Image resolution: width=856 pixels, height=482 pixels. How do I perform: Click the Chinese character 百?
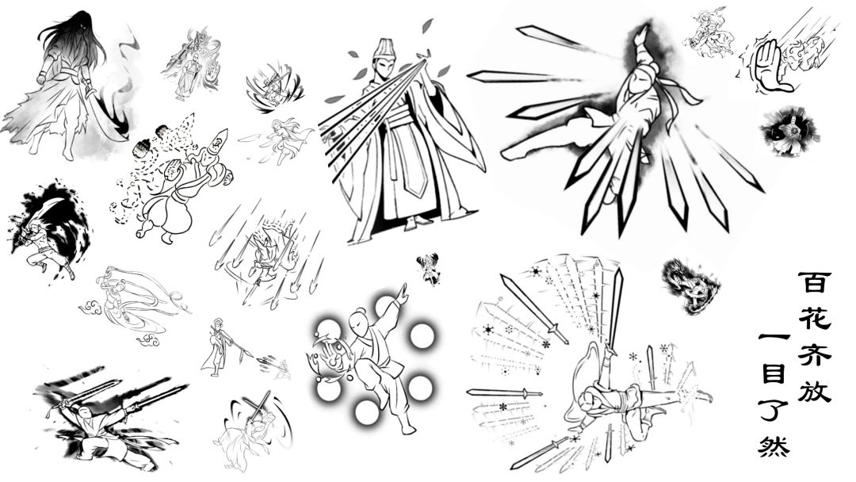click(x=815, y=283)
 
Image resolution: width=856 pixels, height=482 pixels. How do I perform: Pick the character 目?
click(x=774, y=374)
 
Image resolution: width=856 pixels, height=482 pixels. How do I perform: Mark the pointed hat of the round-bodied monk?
click(x=219, y=143)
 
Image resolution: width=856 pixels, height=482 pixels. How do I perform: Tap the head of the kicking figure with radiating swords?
click(x=636, y=86)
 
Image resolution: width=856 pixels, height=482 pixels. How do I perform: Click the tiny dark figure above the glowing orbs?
click(x=428, y=268)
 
